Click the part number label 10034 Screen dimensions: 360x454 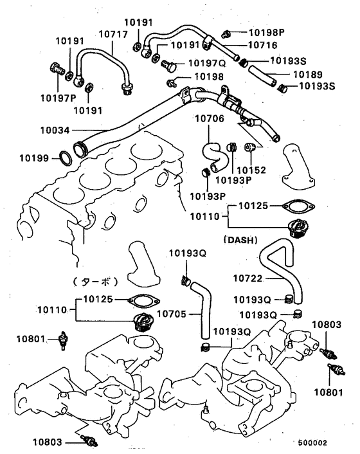pyautogui.click(x=55, y=131)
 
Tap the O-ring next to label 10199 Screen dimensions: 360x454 pyautogui.click(x=66, y=159)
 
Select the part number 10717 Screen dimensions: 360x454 pyautogui.click(x=113, y=34)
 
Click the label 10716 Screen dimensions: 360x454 pyautogui.click(x=263, y=45)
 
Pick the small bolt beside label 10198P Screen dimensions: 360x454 pyautogui.click(x=226, y=34)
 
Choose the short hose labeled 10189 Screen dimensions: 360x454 pyautogui.click(x=263, y=76)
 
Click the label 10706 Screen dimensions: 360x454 pyautogui.click(x=210, y=118)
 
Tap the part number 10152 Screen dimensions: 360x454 pyautogui.click(x=251, y=170)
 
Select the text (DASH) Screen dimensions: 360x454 pyautogui.click(x=240, y=240)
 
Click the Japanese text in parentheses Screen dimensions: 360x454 pyautogui.click(x=95, y=282)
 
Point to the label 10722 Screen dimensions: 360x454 pyautogui.click(x=248, y=278)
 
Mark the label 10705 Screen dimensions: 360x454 pyautogui.click(x=172, y=314)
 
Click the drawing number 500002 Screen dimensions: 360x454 pyautogui.click(x=313, y=442)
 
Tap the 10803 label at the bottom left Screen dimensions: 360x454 pyautogui.click(x=48, y=442)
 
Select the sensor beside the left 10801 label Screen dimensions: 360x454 pyautogui.click(x=63, y=341)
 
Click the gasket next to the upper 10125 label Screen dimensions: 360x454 pyautogui.click(x=298, y=206)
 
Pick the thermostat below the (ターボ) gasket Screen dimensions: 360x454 pyautogui.click(x=143, y=322)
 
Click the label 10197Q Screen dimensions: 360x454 pyautogui.click(x=207, y=63)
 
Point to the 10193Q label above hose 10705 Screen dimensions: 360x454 pyautogui.click(x=188, y=253)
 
